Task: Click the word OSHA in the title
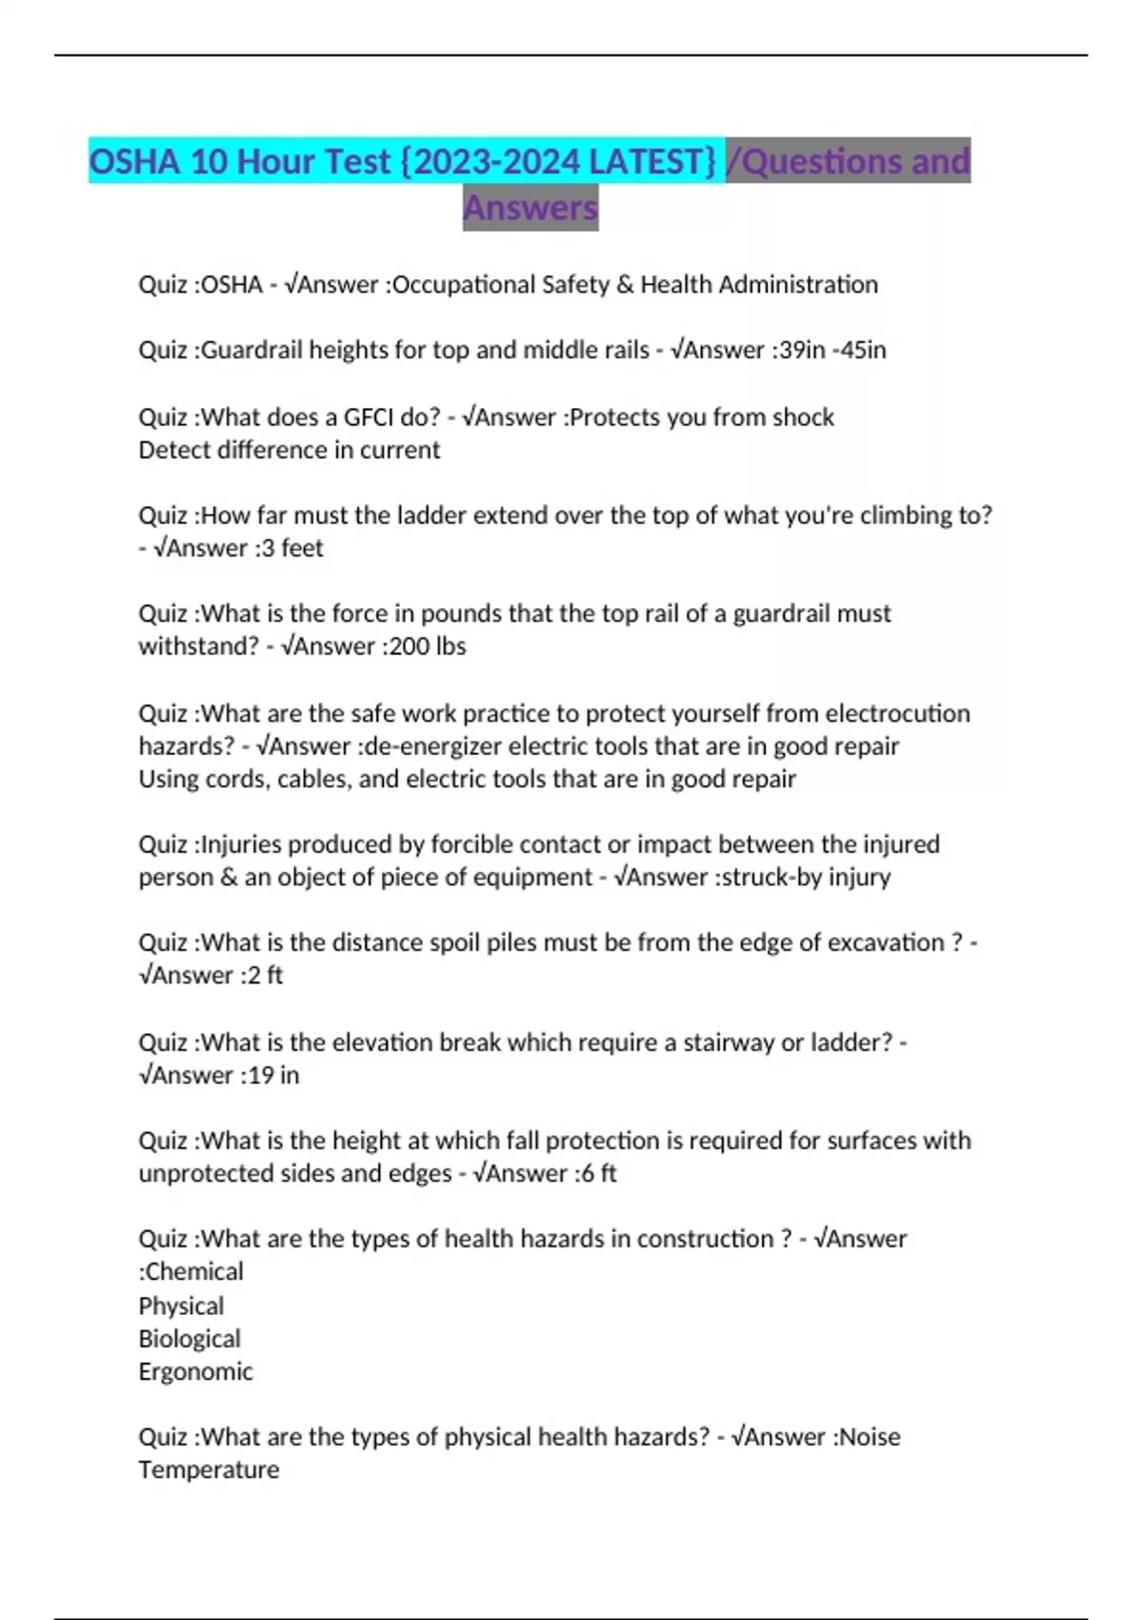134,161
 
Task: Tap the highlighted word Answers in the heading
531,208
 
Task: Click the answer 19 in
273,1075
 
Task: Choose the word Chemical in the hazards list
194,1271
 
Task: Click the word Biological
190,1339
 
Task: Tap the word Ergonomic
195,1371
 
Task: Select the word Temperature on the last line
209,1469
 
